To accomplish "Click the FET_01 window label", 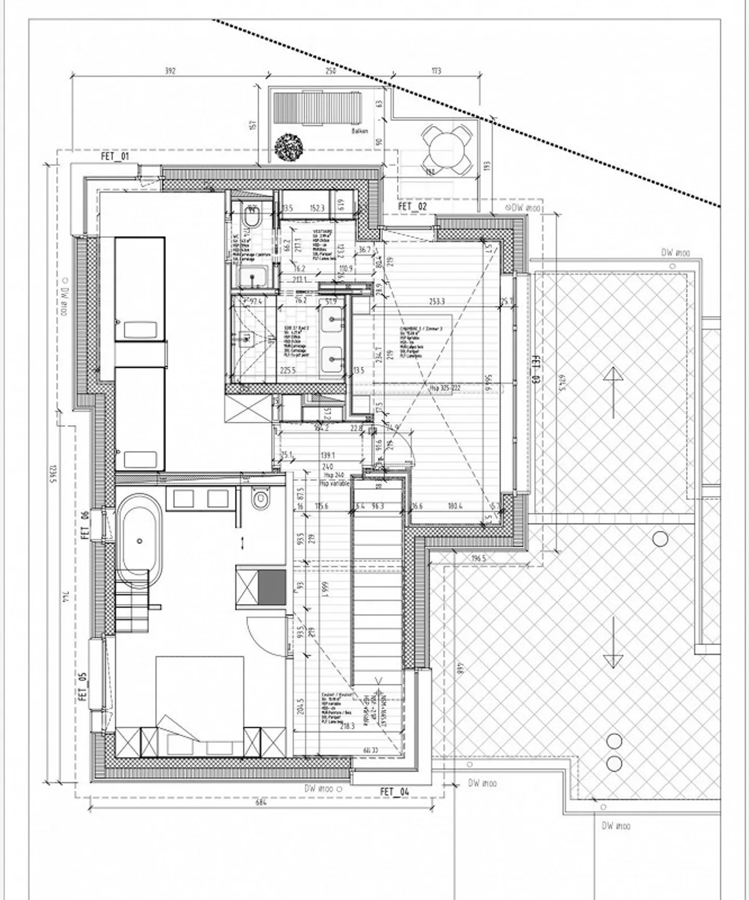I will tap(115, 156).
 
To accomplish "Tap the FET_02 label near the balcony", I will tap(412, 207).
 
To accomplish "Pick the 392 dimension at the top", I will tap(170, 71).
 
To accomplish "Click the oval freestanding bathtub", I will tap(139, 541).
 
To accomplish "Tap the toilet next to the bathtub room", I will tap(260, 499).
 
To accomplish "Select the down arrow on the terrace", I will tap(613, 643).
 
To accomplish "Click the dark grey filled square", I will tap(272, 587).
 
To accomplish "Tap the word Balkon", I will tap(359, 131).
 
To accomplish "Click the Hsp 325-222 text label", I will tap(445, 388).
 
